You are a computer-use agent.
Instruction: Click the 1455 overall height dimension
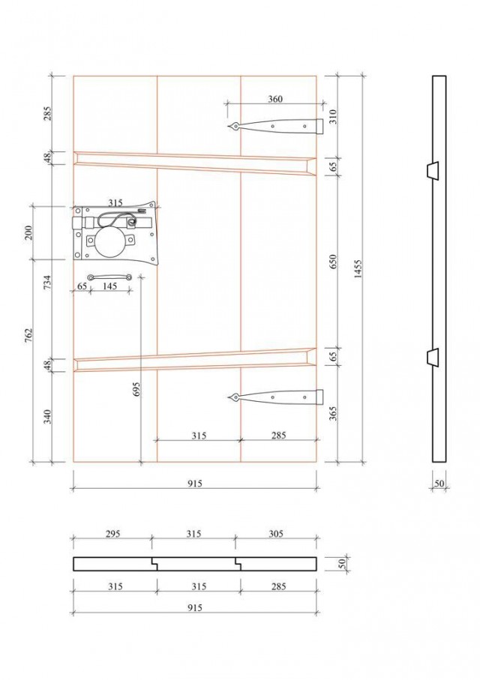click(358, 269)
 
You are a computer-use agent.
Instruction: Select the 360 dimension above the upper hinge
click(275, 99)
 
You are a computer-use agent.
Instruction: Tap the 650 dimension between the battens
click(333, 262)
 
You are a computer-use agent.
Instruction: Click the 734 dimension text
click(48, 282)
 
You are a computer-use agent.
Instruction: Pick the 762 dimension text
click(29, 336)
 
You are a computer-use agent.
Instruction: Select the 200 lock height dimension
click(29, 233)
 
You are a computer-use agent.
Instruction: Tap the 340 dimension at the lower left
click(48, 416)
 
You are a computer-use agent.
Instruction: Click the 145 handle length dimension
click(110, 286)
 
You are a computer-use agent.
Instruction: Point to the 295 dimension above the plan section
click(112, 533)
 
